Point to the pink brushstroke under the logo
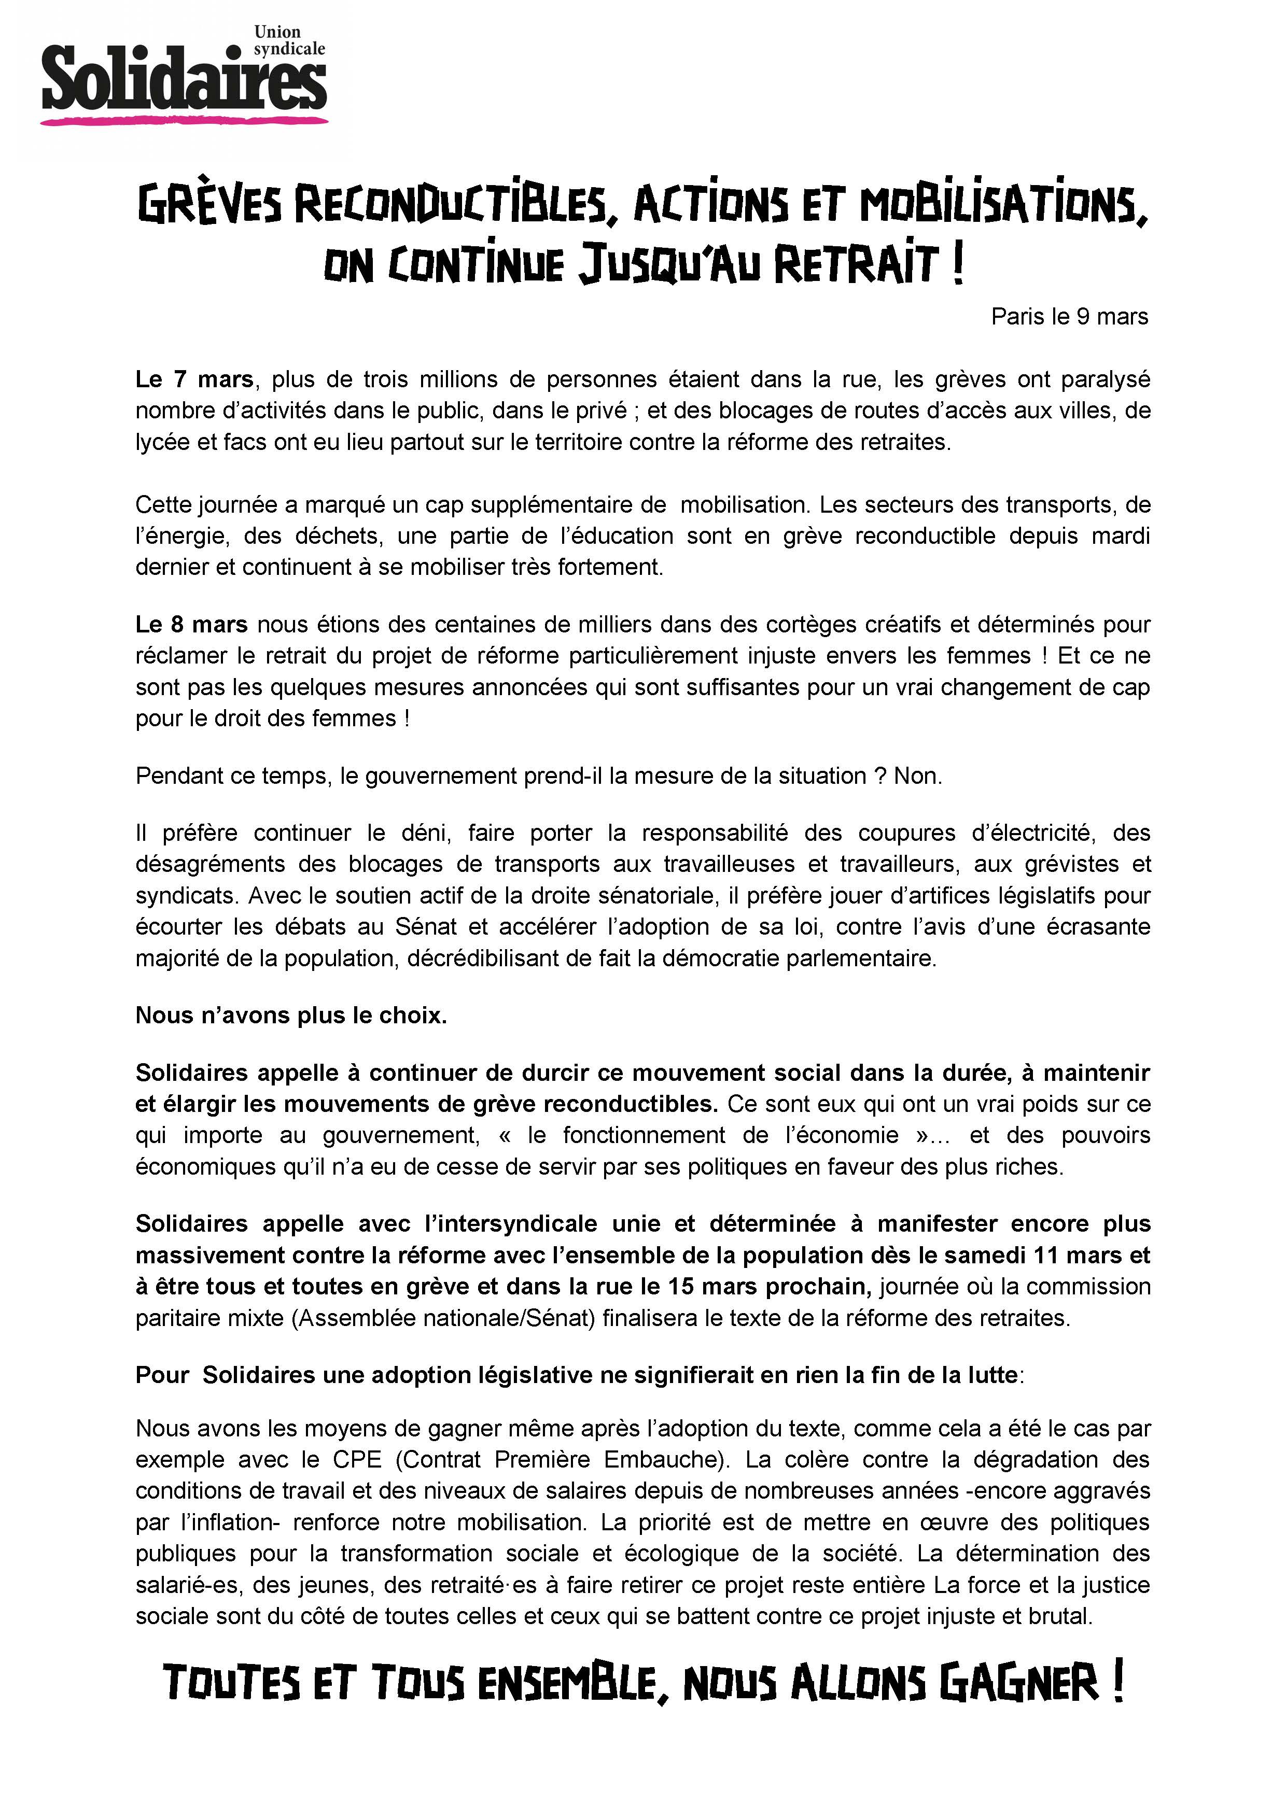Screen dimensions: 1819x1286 click(x=184, y=120)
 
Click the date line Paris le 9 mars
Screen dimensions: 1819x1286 click(x=1069, y=317)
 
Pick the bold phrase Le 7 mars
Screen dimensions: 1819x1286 click(x=194, y=379)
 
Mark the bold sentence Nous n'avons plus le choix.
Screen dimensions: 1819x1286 click(x=291, y=1016)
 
